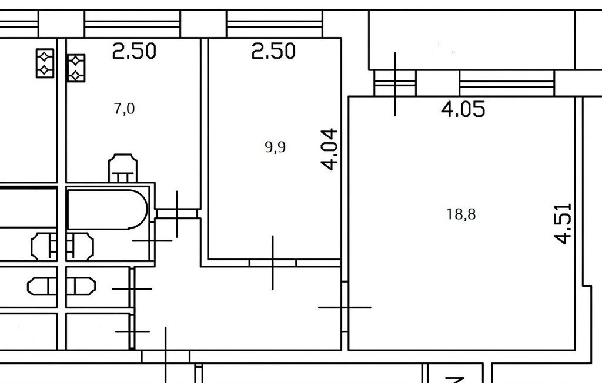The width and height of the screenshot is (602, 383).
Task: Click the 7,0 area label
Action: pyautogui.click(x=125, y=109)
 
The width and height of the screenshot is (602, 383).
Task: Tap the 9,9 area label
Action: pyautogui.click(x=275, y=147)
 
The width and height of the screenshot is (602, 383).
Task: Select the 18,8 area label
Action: pyautogui.click(x=461, y=214)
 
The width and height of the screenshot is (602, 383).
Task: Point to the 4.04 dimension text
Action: pyautogui.click(x=329, y=149)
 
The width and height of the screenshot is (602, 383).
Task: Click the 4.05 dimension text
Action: pyautogui.click(x=463, y=109)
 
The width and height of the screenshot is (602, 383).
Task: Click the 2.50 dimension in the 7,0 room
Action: pyautogui.click(x=134, y=51)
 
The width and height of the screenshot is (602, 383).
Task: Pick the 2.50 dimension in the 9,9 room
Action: pyautogui.click(x=273, y=51)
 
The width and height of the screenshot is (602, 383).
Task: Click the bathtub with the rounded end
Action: pyautogui.click(x=108, y=209)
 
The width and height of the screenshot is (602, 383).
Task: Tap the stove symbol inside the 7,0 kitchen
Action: pyautogui.click(x=76, y=68)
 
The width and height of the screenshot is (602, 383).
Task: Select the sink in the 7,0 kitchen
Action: pyautogui.click(x=123, y=167)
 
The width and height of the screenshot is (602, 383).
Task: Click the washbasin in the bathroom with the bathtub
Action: pyautogui.click(x=80, y=246)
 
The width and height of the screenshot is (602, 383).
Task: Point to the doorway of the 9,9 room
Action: pyautogui.click(x=273, y=263)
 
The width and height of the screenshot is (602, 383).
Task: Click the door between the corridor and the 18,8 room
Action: pyautogui.click(x=345, y=307)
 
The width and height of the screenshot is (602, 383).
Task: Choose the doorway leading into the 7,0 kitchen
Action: pyautogui.click(x=177, y=213)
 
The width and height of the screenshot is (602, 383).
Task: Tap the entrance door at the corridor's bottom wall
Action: pyautogui.click(x=166, y=357)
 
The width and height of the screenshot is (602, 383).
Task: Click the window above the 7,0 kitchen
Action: pyautogui.click(x=132, y=24)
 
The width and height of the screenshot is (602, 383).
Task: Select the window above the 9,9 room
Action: pyautogui.click(x=274, y=24)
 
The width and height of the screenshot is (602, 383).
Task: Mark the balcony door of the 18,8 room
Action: pyautogui.click(x=395, y=83)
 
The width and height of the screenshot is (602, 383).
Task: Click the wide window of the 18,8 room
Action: pyautogui.click(x=507, y=83)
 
